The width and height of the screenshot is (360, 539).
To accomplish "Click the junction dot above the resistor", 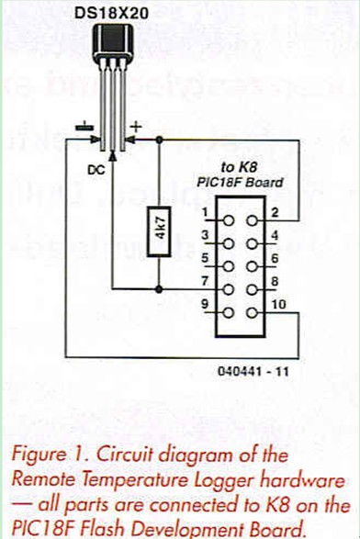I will [160, 139].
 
